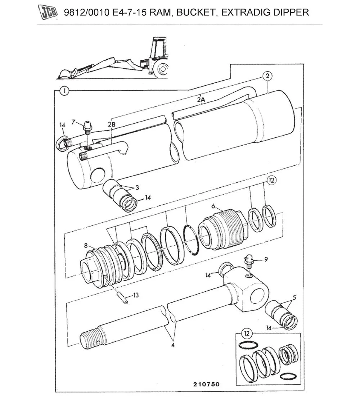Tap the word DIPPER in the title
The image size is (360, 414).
290,12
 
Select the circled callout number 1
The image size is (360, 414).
64,91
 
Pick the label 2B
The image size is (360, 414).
112,124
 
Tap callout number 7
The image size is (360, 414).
74,122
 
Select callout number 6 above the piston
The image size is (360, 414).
213,206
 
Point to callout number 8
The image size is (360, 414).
86,245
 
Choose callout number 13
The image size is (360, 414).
136,295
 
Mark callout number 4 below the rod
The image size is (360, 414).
173,345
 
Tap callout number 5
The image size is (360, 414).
294,297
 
